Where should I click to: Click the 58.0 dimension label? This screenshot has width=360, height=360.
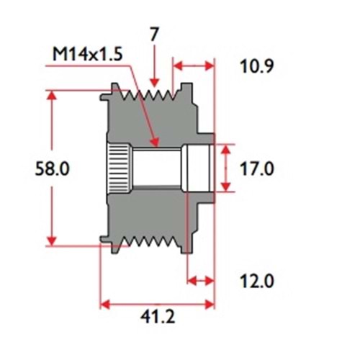pos(52,168)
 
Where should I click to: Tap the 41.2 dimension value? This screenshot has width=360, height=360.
pos(158,317)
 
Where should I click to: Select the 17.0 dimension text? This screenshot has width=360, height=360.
pos(256,168)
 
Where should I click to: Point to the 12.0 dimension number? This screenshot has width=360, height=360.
pos(256,281)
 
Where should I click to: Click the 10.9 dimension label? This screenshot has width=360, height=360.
pos(256,66)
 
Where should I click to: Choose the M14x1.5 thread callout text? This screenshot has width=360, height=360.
pos(88,54)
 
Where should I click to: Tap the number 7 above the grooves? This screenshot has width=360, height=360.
pos(154,34)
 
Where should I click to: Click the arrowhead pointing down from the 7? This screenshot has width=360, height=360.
pos(155,82)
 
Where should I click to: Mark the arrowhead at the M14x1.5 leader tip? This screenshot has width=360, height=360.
pos(155,142)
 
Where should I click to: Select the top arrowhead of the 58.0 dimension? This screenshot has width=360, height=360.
pos(52,96)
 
